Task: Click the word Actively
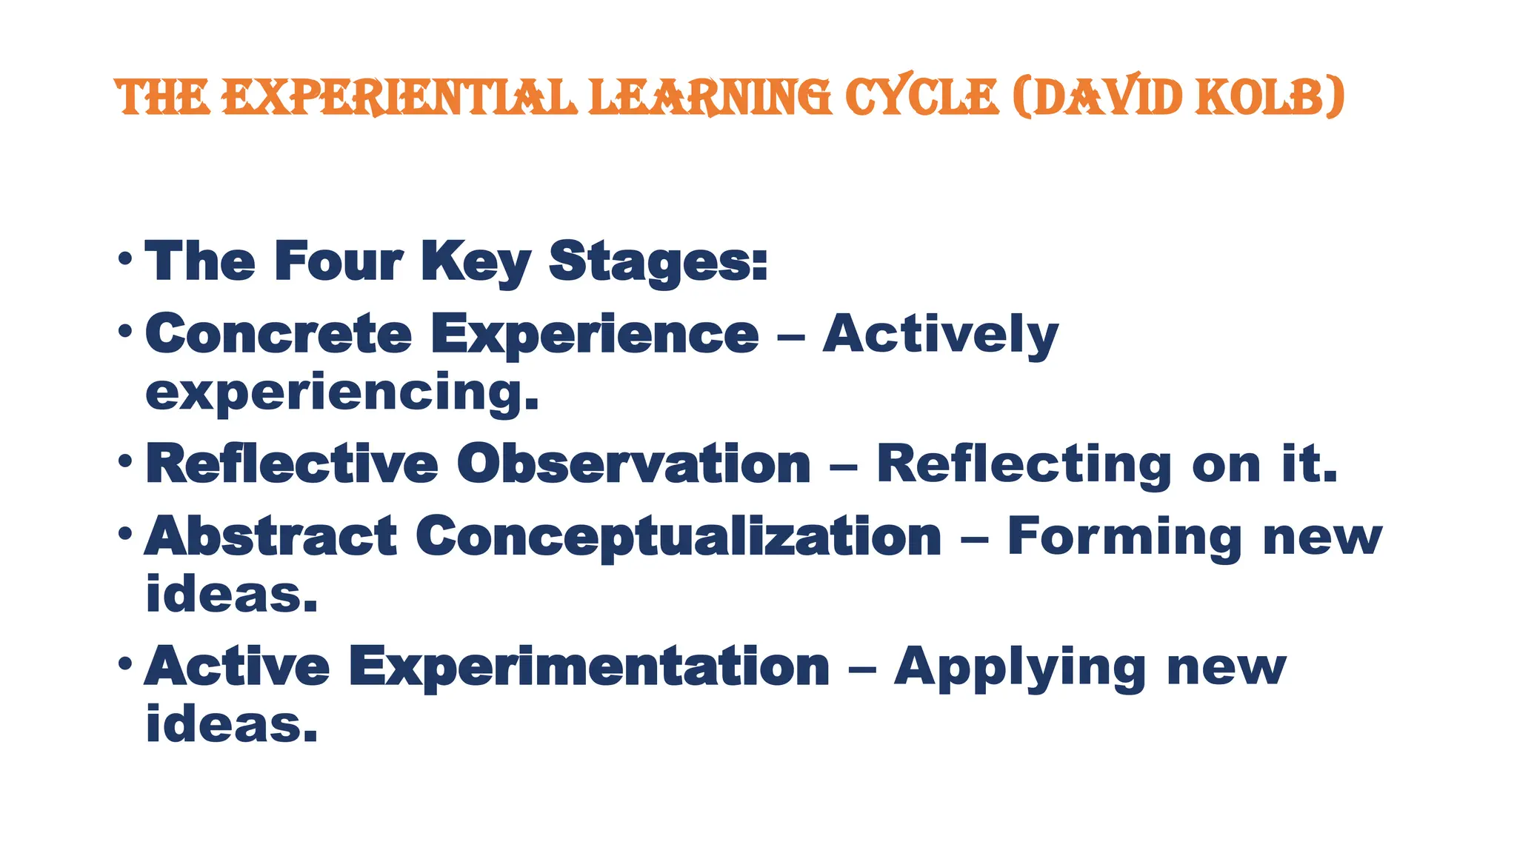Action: click(x=940, y=335)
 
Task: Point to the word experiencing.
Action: click(x=341, y=392)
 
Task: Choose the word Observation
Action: click(x=633, y=464)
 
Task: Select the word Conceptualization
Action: click(x=678, y=537)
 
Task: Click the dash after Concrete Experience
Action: click(x=790, y=337)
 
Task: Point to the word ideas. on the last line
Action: click(x=231, y=724)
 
